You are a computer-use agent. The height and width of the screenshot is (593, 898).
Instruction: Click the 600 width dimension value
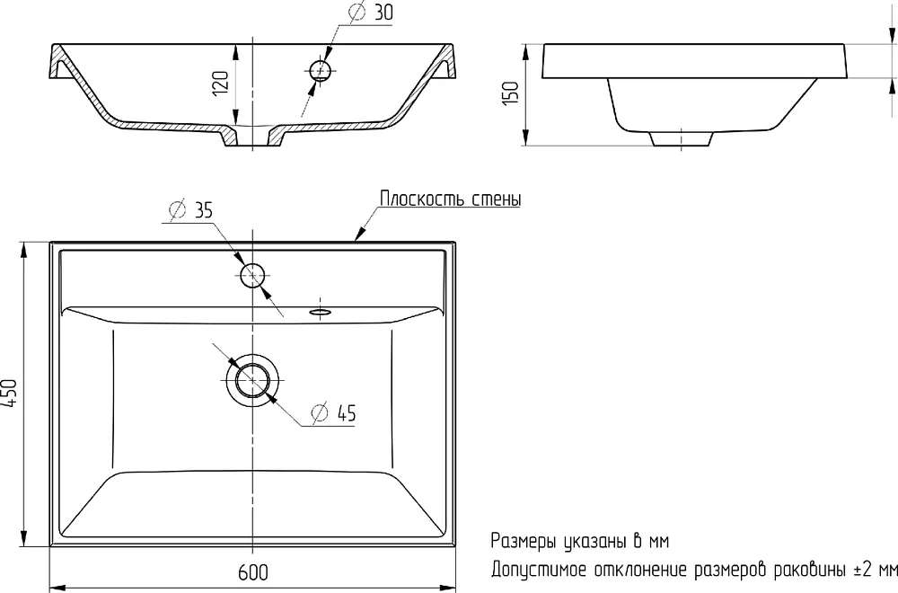[252, 572]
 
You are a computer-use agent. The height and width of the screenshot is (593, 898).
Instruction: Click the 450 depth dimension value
[11, 393]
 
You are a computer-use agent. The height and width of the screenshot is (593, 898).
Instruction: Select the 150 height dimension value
[510, 93]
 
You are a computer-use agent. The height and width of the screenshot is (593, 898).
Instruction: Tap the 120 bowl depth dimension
[221, 84]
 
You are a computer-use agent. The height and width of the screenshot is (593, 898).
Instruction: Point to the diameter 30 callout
[371, 12]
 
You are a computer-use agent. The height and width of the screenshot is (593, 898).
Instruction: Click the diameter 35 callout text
[190, 210]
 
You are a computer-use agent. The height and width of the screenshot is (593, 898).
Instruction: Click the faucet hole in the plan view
[252, 275]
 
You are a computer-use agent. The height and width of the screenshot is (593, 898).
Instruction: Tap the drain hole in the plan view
[252, 380]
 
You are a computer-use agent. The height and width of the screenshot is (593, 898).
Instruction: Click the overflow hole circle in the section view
[321, 71]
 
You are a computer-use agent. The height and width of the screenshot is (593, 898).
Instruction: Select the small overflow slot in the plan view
[321, 312]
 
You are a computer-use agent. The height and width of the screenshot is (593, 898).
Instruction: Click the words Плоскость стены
[451, 199]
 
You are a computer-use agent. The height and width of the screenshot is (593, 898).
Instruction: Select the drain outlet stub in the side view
[681, 138]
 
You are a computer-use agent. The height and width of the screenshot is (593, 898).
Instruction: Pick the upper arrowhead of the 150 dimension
[525, 51]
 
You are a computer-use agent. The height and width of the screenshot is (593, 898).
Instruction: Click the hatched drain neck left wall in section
[228, 136]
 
